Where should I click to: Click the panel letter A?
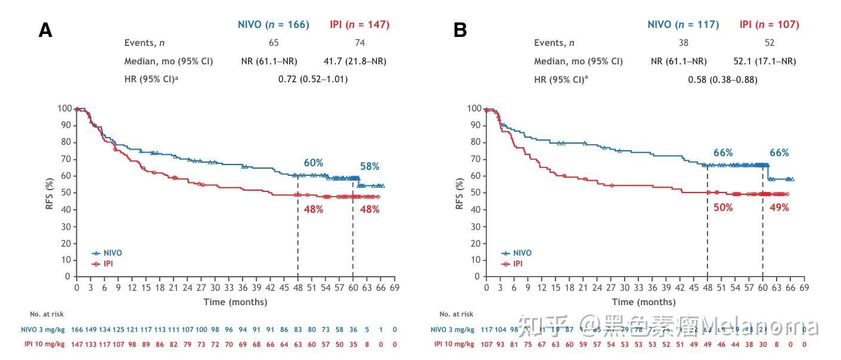point(45,30)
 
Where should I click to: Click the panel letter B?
point(460,30)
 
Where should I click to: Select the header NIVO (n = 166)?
point(274,24)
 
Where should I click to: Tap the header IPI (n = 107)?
point(769,24)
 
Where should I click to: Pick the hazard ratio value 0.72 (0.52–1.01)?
point(313,79)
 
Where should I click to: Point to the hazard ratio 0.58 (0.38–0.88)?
point(722,79)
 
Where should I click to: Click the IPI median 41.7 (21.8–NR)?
point(359,61)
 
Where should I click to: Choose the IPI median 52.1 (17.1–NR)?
point(765,61)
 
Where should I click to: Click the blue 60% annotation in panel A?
point(313,163)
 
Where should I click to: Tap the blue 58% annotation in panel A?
point(369,166)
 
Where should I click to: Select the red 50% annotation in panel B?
point(723,207)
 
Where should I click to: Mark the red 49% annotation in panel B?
point(778,207)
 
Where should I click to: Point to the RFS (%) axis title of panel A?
point(50,193)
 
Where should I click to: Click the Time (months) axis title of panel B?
point(644,302)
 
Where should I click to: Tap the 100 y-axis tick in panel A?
point(64,108)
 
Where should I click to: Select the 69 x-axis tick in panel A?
point(395,287)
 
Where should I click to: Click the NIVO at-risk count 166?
point(77,330)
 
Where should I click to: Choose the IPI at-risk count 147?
point(77,345)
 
